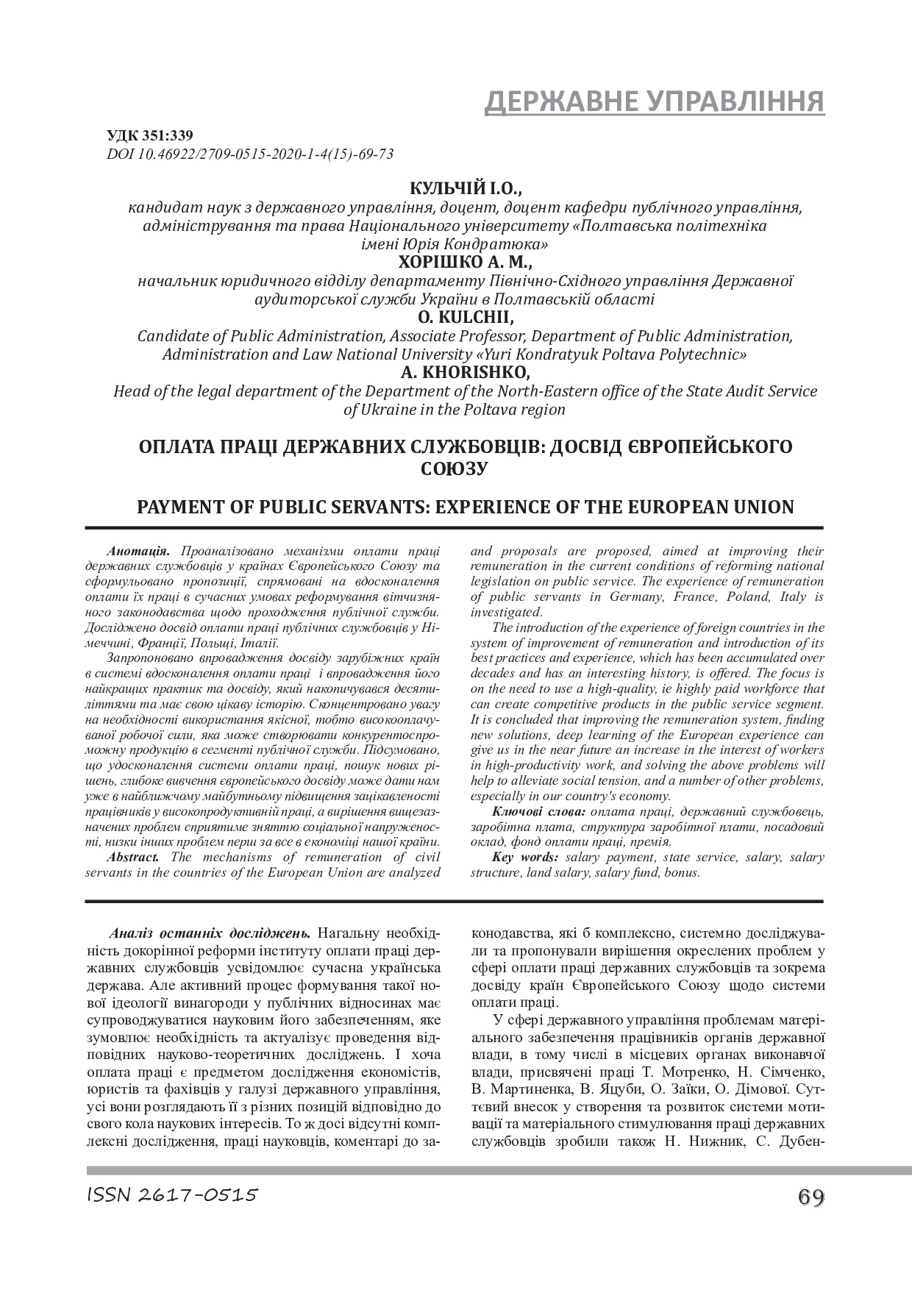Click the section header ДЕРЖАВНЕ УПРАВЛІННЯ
pos(654,102)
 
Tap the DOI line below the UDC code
pos(250,153)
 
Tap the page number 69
pos(810,1197)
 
